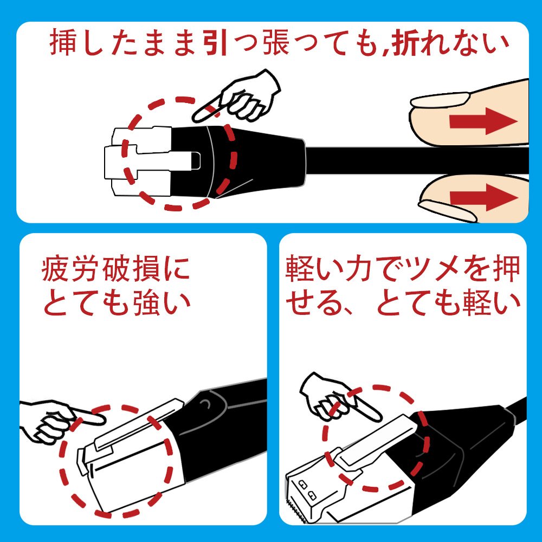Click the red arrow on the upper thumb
(x=483, y=121)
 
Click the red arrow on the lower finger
(x=483, y=197)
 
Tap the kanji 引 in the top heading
(x=215, y=43)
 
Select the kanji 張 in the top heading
(x=275, y=43)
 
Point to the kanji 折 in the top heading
(x=405, y=43)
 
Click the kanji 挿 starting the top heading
(x=63, y=43)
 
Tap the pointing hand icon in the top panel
(x=236, y=97)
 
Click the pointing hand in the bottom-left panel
(x=62, y=421)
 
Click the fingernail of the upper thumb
(x=440, y=100)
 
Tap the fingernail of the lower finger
(x=448, y=211)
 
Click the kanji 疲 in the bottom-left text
(x=55, y=268)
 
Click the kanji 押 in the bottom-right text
(x=507, y=268)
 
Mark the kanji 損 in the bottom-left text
(x=146, y=268)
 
